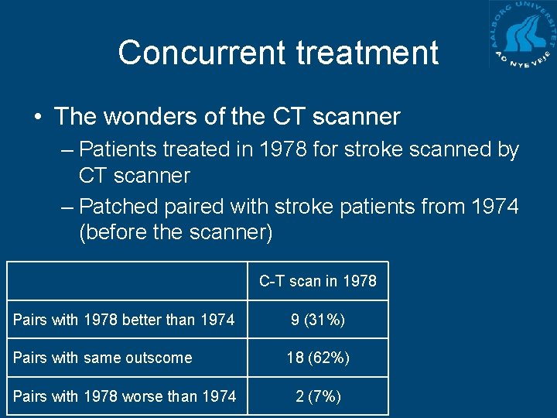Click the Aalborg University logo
tap(522, 35)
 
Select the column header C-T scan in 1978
tap(317, 281)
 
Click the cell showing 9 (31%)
tap(317, 319)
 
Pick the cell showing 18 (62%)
tap(317, 358)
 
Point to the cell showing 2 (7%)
tap(317, 396)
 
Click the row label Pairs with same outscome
tap(103, 358)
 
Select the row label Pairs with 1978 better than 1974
tap(124, 319)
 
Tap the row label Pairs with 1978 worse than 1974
tap(125, 396)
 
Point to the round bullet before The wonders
tap(37, 118)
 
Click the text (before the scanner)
tap(176, 233)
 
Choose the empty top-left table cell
tap(127, 281)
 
